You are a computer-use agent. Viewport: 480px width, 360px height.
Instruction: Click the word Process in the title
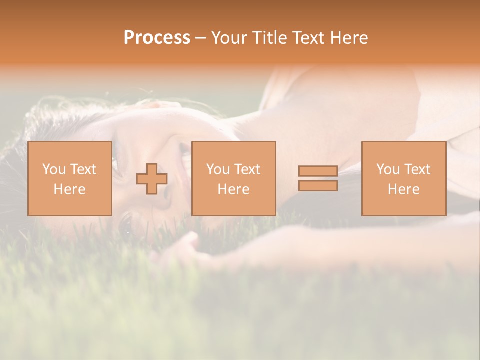(157, 38)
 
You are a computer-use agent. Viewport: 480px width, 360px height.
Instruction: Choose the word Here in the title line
(350, 38)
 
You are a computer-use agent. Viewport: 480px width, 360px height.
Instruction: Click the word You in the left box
(54, 169)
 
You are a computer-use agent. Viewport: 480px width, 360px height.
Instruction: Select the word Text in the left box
(83, 169)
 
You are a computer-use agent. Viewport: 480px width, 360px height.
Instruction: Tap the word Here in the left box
(69, 189)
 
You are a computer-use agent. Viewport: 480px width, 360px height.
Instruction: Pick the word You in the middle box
(218, 169)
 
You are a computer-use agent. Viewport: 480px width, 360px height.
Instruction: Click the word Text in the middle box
(247, 169)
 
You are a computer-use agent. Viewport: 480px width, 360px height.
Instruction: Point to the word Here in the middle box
(233, 189)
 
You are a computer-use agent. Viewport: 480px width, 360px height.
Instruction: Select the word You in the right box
(388, 169)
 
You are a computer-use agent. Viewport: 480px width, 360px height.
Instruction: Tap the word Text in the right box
(417, 169)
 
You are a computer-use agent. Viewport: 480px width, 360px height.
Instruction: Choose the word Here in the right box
(403, 189)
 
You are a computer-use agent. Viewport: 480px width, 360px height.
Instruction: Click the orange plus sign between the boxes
(152, 179)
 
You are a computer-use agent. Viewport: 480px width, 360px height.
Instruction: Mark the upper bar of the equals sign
(318, 171)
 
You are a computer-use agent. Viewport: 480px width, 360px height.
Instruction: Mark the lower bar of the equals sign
(318, 186)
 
